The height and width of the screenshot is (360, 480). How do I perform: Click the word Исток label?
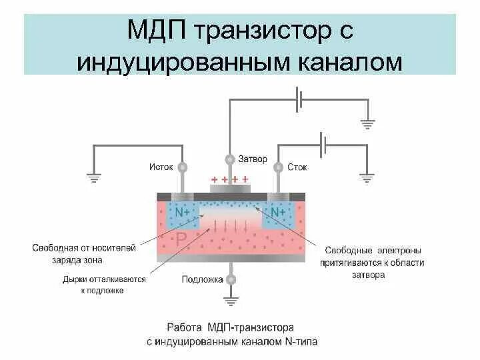[x=161, y=167]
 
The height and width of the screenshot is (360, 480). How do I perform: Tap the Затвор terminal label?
[x=253, y=160]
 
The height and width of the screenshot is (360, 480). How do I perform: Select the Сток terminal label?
[x=297, y=167]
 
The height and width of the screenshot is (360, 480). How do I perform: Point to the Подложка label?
[x=202, y=279]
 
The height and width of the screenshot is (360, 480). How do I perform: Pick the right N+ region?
[x=278, y=212]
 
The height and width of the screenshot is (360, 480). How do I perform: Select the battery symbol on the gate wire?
[x=301, y=100]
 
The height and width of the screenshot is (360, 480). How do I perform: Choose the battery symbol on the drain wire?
[x=324, y=143]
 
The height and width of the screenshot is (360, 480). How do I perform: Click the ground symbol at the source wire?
[x=93, y=178]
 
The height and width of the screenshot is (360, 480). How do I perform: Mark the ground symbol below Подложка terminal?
[x=231, y=302]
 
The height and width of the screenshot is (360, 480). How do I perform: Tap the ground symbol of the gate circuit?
[x=367, y=124]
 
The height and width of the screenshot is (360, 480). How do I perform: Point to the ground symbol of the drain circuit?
[x=367, y=178]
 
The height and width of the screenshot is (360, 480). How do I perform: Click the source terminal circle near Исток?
[x=182, y=167]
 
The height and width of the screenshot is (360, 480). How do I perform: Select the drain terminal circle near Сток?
[x=278, y=167]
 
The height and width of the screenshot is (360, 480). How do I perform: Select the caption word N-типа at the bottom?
[x=298, y=342]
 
